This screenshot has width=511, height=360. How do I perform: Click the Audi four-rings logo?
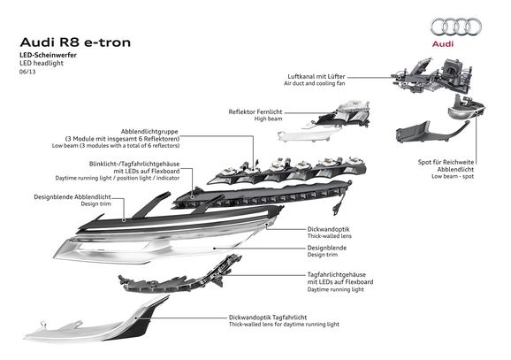455,27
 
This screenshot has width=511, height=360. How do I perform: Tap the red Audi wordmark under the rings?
443,43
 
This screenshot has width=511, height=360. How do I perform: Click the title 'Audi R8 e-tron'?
75,42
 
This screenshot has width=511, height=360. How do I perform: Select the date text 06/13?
27,72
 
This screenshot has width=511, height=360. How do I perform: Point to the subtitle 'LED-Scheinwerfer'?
49,55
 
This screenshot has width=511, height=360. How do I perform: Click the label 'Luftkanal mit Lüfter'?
317,76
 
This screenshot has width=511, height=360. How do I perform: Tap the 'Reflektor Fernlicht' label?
255,111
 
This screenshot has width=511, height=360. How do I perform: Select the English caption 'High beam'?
268,119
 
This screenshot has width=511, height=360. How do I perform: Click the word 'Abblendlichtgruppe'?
149,132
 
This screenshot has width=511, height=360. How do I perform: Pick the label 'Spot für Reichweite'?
446,162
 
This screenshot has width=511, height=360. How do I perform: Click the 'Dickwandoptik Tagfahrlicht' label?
268,318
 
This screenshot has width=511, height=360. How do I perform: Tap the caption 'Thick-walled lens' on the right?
330,236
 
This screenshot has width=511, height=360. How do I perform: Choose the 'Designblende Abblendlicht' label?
72,197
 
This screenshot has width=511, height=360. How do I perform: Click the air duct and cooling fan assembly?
432,75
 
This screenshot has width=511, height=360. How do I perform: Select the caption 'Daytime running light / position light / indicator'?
118,178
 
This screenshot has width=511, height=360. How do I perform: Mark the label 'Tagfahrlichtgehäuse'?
337,274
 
